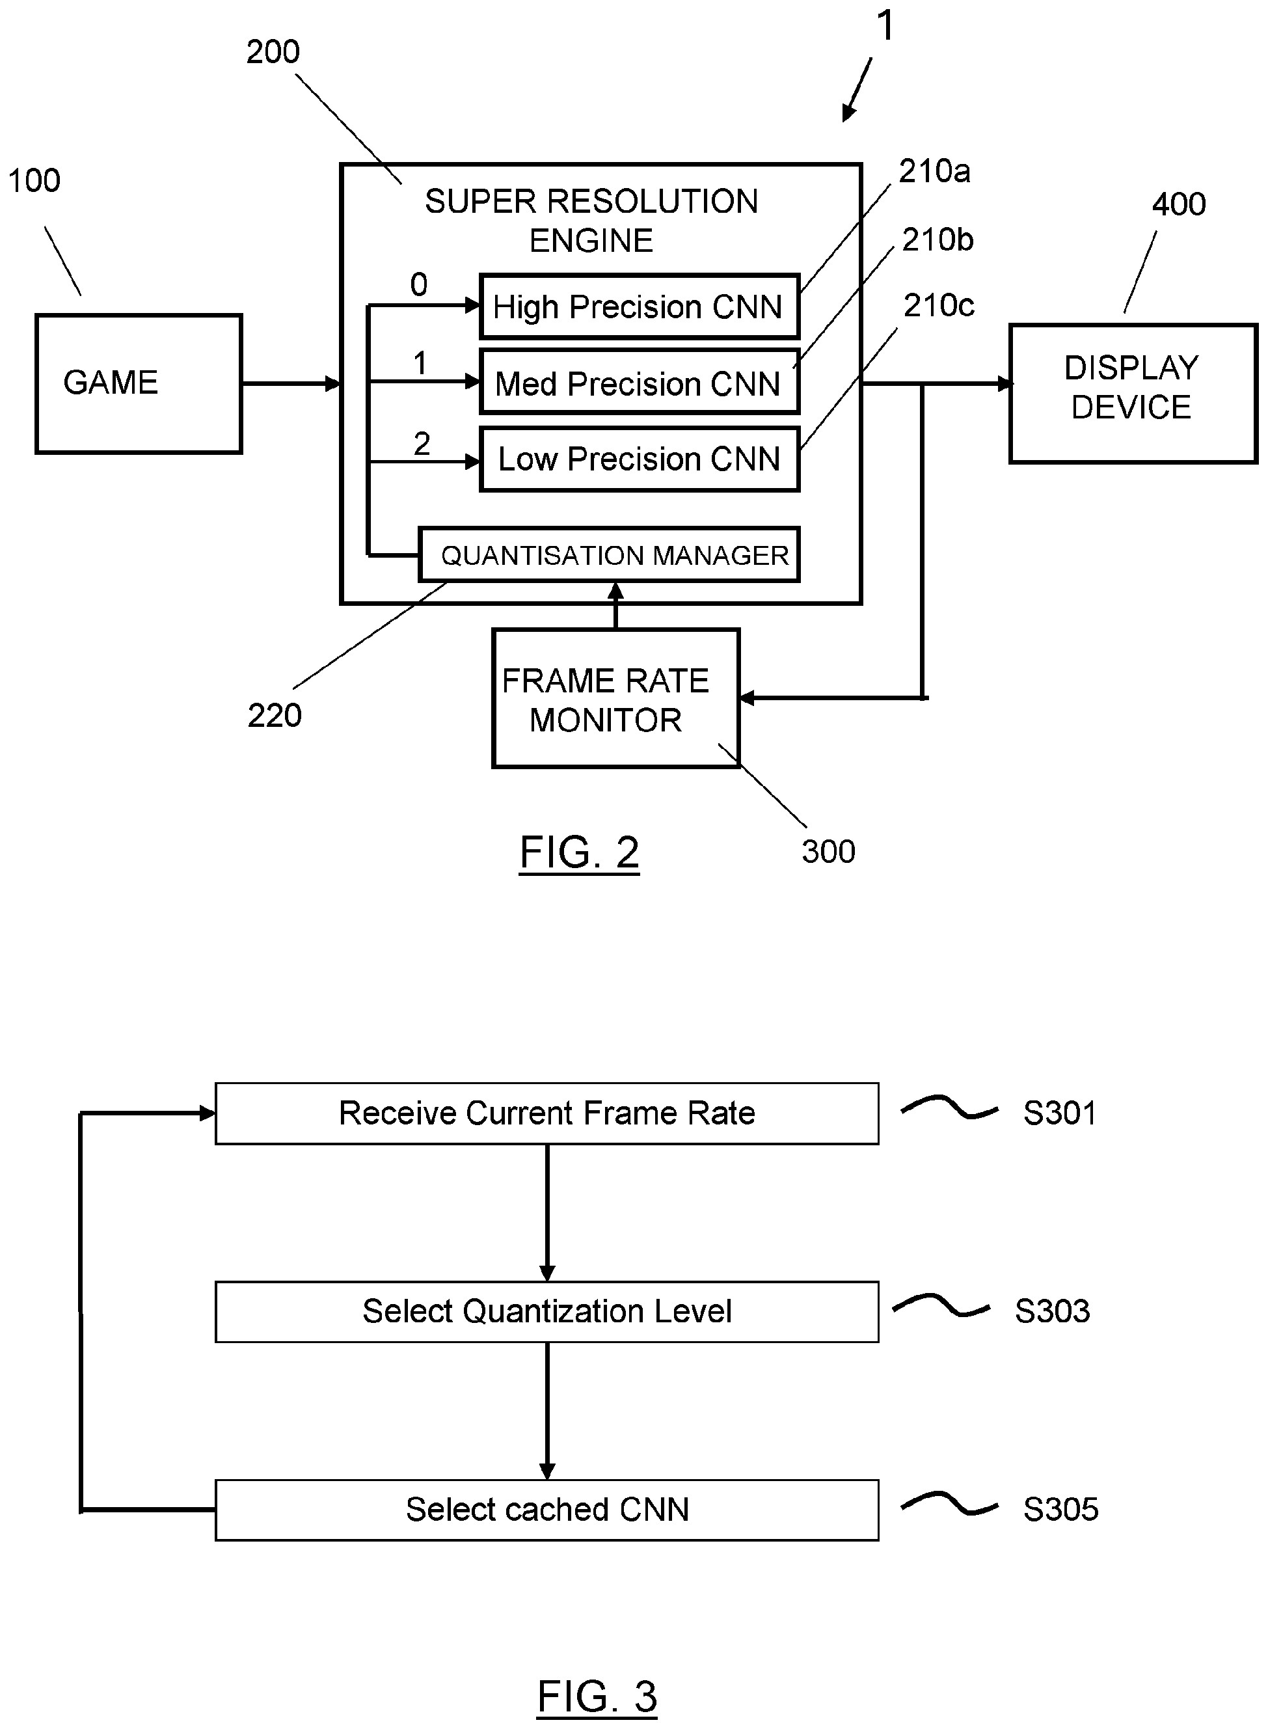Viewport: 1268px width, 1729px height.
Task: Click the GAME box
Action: [138, 383]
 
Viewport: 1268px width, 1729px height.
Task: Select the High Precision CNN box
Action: [639, 307]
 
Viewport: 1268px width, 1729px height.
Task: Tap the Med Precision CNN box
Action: [639, 383]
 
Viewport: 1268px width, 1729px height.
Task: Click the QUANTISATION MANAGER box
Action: [609, 555]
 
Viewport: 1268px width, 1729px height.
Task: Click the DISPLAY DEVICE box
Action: [1132, 394]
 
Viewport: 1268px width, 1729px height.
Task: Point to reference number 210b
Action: [938, 240]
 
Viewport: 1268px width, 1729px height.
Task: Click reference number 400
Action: [1178, 204]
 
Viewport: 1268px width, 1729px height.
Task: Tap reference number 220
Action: [274, 716]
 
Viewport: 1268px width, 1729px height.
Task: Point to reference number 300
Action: [828, 851]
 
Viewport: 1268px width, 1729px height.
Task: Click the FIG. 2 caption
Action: [580, 852]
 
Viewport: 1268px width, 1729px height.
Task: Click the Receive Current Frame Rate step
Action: [546, 1113]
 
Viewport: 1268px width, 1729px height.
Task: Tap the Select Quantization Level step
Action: [546, 1311]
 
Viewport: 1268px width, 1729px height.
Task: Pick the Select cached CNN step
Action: [546, 1510]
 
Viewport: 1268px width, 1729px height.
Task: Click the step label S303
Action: [1051, 1311]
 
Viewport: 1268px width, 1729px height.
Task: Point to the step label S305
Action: [1060, 1510]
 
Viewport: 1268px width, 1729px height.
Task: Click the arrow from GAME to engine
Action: [291, 383]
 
